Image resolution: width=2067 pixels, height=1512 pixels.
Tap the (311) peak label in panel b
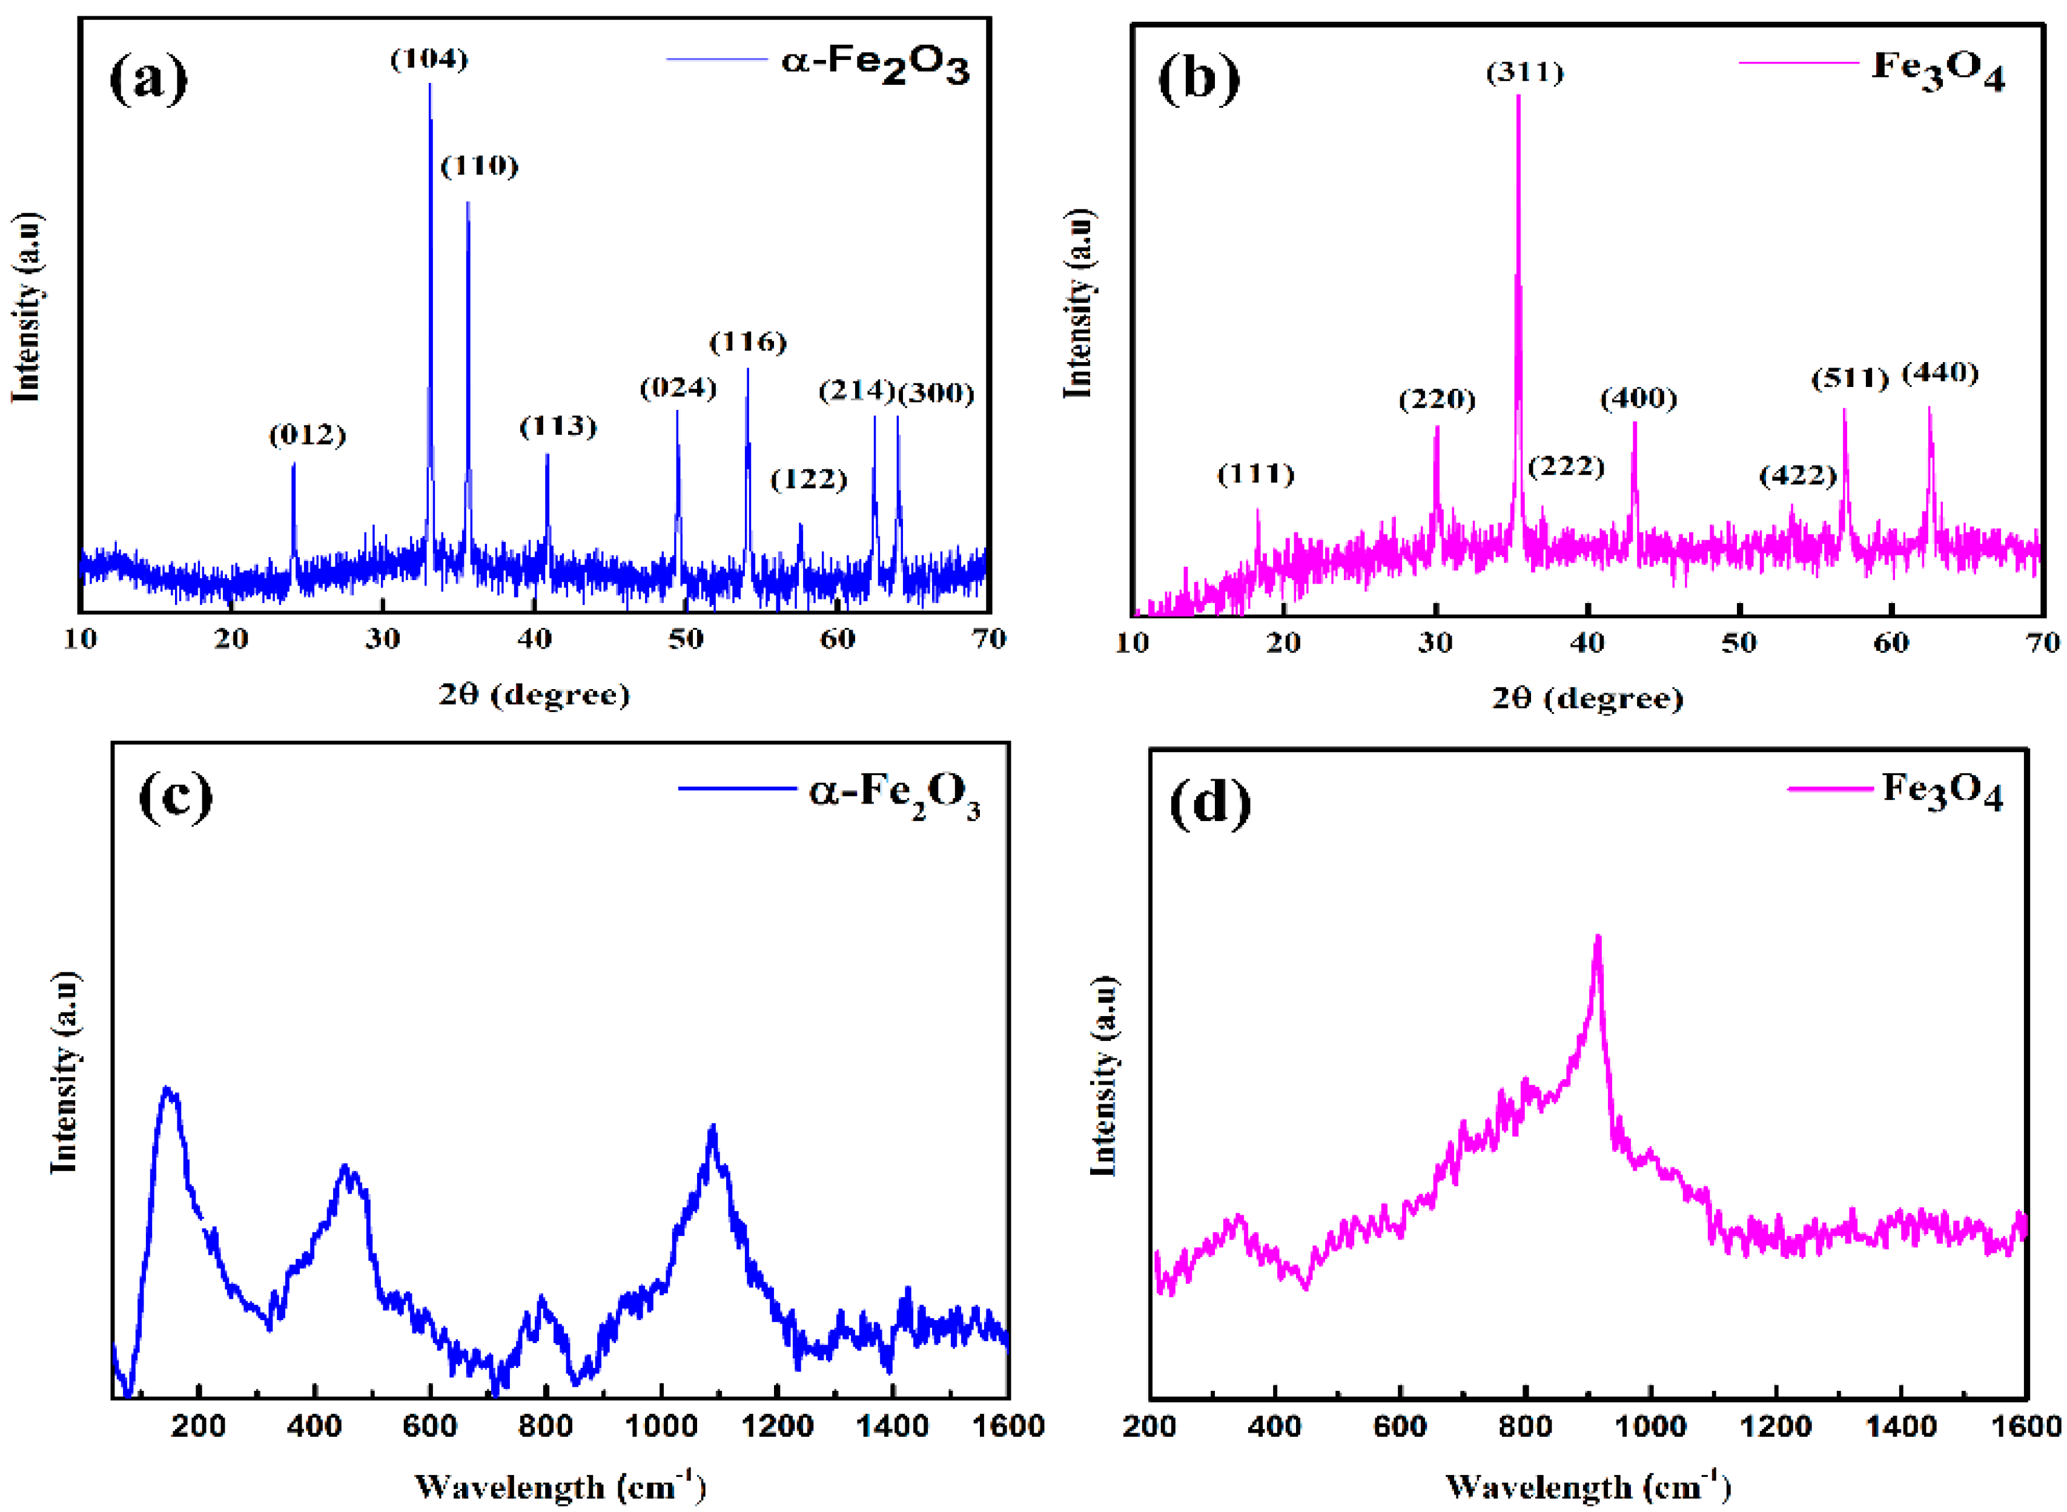(1524, 72)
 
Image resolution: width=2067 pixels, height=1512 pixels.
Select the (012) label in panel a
(306, 435)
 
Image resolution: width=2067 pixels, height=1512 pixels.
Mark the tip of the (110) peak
(468, 203)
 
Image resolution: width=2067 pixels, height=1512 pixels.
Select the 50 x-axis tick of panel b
(1738, 642)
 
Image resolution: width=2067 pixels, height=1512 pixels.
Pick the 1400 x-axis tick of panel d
(1900, 1427)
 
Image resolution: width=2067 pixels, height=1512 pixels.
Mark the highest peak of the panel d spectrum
(1598, 937)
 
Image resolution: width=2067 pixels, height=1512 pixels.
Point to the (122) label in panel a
(809, 479)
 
